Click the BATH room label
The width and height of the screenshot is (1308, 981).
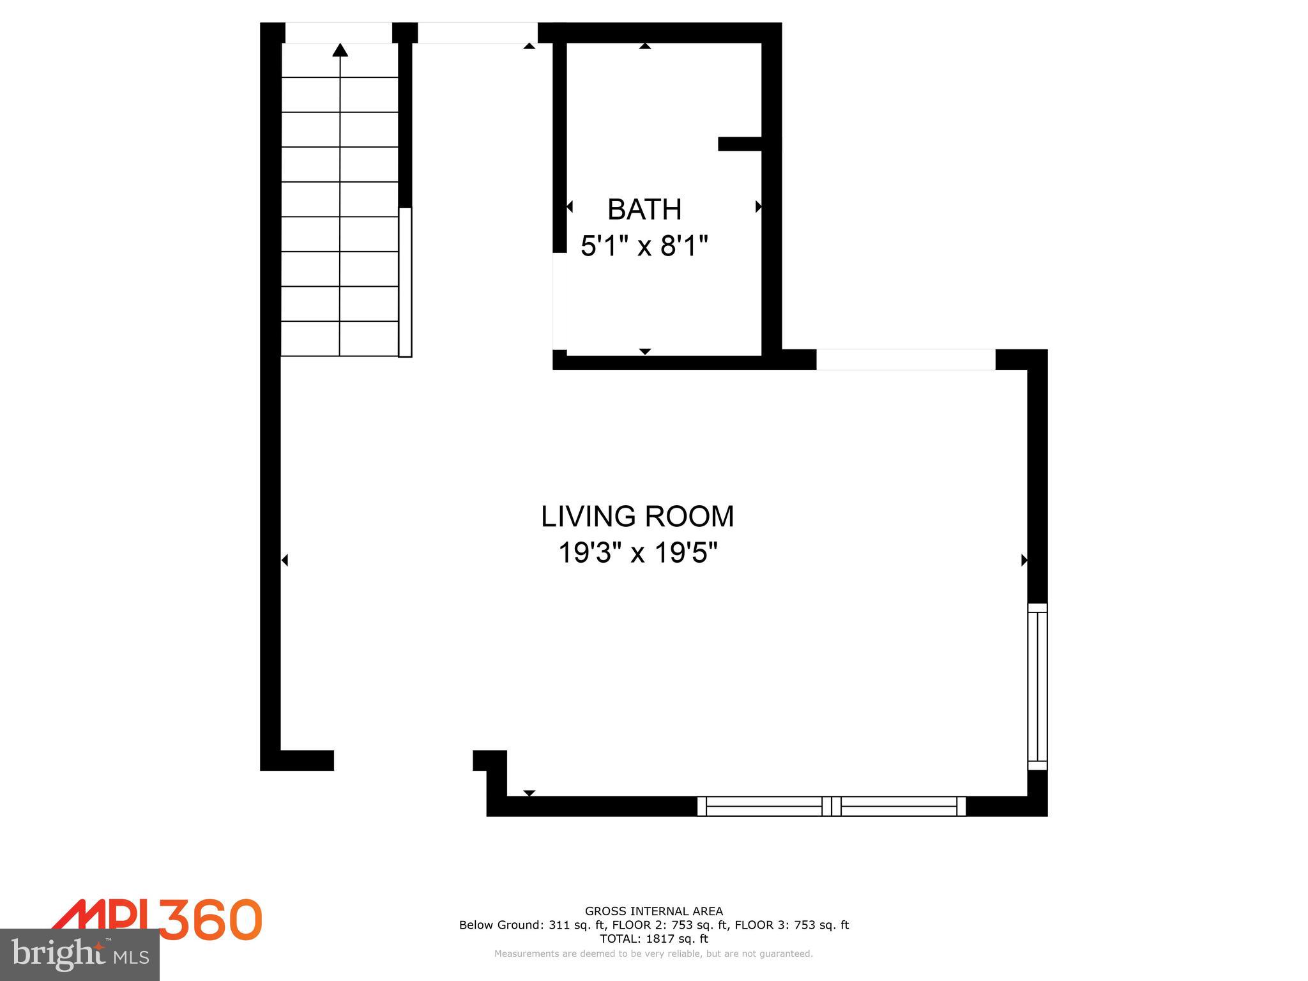[644, 209]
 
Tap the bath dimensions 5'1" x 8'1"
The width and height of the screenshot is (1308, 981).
[644, 246]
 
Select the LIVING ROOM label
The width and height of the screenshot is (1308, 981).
[637, 517]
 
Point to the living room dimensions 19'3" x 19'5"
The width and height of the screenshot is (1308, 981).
[637, 553]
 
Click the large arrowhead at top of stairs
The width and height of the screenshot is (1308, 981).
[340, 50]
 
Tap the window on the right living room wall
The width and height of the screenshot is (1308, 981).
[1037, 687]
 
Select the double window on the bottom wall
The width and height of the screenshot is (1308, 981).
[831, 806]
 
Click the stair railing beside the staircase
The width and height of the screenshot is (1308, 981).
[405, 282]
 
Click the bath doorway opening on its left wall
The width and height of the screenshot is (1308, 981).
[559, 301]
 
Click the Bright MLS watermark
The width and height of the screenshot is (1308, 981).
[80, 954]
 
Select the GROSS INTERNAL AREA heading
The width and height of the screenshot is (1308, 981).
[653, 911]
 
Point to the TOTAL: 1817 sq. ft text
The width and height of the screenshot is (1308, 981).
[653, 939]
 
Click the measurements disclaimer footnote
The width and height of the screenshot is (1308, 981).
[653, 954]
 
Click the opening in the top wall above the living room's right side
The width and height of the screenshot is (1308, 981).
[906, 360]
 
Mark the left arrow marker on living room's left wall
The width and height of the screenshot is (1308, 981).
[285, 560]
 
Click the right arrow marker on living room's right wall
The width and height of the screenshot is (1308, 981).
[1024, 560]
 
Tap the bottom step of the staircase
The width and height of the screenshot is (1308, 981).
[340, 338]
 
